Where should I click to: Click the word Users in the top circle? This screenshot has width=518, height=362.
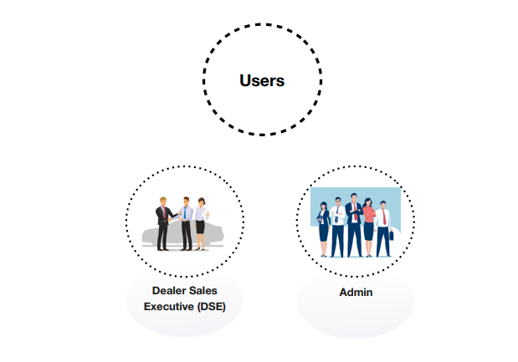pyautogui.click(x=262, y=80)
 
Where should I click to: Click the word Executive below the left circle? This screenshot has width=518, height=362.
pyautogui.click(x=168, y=307)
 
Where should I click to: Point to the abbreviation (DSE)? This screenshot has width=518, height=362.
pyautogui.click(x=212, y=307)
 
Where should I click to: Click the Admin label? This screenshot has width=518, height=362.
pyautogui.click(x=356, y=293)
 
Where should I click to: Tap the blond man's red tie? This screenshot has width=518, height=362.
pyautogui.click(x=164, y=212)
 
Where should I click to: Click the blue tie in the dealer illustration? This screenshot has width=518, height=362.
pyautogui.click(x=185, y=213)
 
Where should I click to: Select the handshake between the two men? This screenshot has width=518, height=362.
pyautogui.click(x=174, y=218)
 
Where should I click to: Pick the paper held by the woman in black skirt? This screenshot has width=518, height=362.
pyautogui.click(x=206, y=213)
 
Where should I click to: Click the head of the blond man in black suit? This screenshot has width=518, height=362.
pyautogui.click(x=163, y=201)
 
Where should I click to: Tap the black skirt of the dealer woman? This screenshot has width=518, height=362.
pyautogui.click(x=200, y=227)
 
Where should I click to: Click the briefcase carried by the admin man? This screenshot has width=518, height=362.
pyautogui.click(x=392, y=236)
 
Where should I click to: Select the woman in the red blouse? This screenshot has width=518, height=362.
pyautogui.click(x=368, y=227)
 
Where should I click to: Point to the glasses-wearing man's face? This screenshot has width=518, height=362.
pyautogui.click(x=337, y=201)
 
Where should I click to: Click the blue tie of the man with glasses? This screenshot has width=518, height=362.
pyautogui.click(x=336, y=215)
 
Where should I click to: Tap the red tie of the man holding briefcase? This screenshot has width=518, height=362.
pyautogui.click(x=384, y=217)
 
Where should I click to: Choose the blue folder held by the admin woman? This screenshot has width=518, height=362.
pyautogui.click(x=320, y=219)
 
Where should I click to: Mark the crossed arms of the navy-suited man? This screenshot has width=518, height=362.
pyautogui.click(x=355, y=212)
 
